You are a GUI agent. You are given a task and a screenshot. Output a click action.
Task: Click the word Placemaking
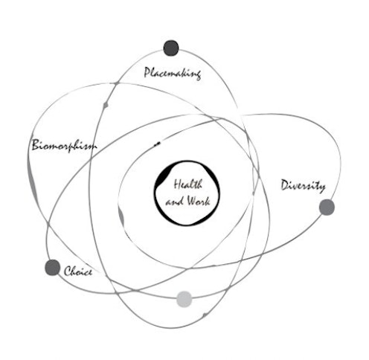tap(173, 73)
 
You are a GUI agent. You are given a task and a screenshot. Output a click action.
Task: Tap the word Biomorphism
tap(64, 145)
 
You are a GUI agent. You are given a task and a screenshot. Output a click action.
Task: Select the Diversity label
tap(303, 186)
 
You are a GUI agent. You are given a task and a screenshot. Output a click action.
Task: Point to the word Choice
tap(78, 271)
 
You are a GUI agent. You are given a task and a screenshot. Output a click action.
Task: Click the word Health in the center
tap(188, 184)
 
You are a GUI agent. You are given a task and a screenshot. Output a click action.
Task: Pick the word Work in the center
tap(199, 201)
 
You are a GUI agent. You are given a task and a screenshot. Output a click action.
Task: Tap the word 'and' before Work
tap(175, 202)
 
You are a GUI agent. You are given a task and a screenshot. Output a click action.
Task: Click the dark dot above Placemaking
tap(171, 48)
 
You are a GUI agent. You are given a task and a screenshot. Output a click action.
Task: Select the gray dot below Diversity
tap(327, 208)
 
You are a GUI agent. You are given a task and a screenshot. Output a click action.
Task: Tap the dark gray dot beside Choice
tap(52, 268)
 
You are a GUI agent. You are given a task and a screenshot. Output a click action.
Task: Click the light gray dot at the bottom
tap(184, 299)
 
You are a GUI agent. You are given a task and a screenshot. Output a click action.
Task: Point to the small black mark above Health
tap(157, 144)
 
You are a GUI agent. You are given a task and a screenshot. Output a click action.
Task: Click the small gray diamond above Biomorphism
tap(106, 105)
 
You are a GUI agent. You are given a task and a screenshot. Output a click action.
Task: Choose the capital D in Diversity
tap(285, 185)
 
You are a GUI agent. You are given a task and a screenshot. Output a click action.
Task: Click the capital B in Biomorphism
tap(36, 144)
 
